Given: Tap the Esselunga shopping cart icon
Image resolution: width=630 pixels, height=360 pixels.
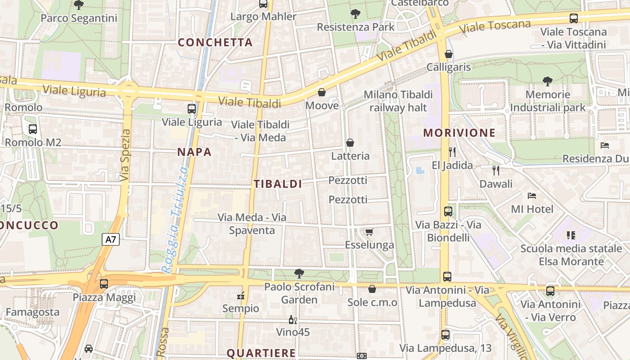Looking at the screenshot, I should coord(369,232).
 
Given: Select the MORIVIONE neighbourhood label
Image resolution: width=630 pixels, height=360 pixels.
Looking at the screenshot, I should coord(459,133).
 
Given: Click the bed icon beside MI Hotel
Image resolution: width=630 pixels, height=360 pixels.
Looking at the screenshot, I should coord(531,196).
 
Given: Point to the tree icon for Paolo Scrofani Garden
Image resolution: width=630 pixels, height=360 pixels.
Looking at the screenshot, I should coord(299,273).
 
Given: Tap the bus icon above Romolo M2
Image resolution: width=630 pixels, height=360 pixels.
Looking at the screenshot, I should coord(33,129).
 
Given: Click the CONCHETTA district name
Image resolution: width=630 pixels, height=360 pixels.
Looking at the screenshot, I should coord(215,42).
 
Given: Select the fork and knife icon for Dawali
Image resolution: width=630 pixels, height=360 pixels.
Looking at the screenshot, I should coord(496,171).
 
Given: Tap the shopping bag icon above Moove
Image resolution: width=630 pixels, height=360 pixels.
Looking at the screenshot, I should coord(322,93).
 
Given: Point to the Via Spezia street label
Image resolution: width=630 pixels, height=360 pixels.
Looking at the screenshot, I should coord(125,155).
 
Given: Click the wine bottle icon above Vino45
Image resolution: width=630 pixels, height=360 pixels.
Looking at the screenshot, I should coord(292,320).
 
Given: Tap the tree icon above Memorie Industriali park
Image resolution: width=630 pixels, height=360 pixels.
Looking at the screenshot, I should coord(548,81).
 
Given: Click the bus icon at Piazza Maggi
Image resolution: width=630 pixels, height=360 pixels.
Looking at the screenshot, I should coord(104,284).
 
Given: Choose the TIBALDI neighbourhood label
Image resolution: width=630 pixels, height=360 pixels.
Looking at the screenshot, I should coord(278,184).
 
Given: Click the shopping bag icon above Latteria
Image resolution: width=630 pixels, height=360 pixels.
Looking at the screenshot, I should coord(350,143).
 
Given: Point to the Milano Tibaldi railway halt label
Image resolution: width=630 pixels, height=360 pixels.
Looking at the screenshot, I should coord(398,101).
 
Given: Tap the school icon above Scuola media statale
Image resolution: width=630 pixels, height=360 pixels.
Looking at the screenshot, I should coord(571,235).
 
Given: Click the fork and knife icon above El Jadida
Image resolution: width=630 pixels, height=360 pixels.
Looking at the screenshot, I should coord(452,152).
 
